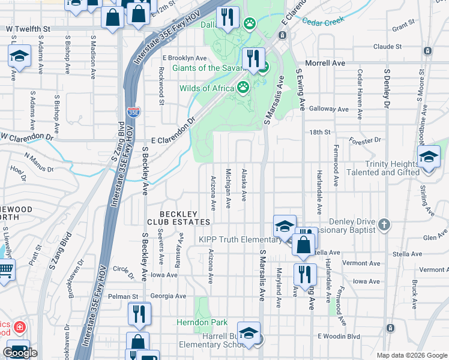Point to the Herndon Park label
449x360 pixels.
click(x=202, y=322)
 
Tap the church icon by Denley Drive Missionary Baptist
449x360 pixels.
click(x=384, y=225)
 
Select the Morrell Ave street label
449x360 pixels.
click(x=325, y=62)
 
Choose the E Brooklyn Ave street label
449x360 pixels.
click(x=184, y=58)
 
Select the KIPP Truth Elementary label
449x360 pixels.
click(x=241, y=240)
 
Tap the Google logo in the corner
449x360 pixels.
click(x=20, y=353)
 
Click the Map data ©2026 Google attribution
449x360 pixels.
click(x=412, y=355)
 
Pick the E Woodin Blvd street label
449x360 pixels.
click(x=339, y=336)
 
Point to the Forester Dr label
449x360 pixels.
click(x=366, y=140)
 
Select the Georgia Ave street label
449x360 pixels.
click(x=168, y=296)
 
